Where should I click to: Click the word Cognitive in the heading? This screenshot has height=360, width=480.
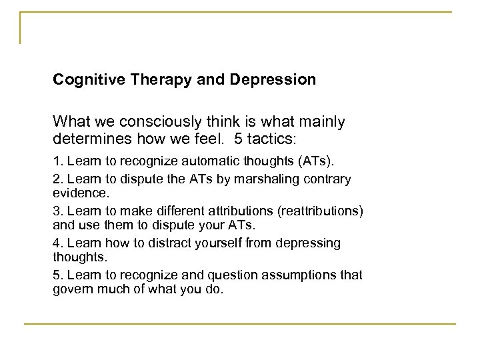point(84,80)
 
